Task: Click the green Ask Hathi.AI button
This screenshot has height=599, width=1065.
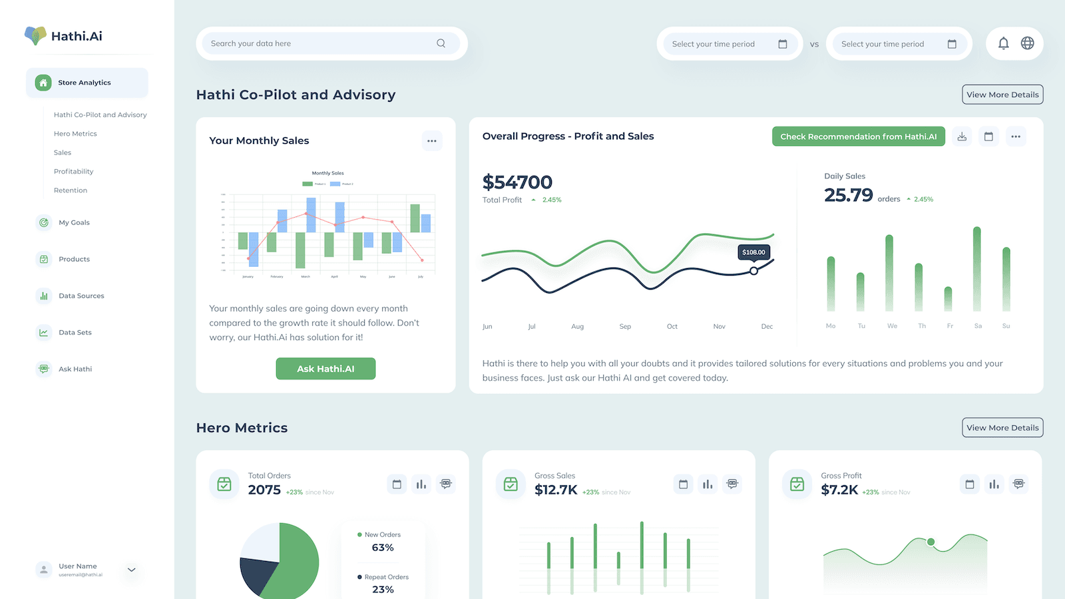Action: (325, 369)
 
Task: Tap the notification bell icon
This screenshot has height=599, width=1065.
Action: (1003, 43)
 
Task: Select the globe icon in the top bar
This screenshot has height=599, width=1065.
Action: (1028, 43)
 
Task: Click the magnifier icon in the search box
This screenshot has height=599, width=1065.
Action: (441, 43)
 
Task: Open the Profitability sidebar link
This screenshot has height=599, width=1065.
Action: (73, 172)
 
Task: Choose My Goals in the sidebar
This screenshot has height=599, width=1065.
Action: (74, 222)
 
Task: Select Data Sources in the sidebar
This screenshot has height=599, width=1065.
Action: (81, 296)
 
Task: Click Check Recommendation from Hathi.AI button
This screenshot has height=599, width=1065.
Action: (858, 136)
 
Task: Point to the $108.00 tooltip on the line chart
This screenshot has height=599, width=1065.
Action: (753, 252)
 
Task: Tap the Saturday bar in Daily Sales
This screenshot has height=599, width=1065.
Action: (977, 269)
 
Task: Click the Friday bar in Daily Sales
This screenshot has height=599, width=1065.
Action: (948, 299)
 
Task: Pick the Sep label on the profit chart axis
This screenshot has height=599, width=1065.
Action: (625, 326)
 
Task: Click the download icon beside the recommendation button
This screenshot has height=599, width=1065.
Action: (962, 136)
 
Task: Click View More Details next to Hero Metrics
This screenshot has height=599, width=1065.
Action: (1002, 427)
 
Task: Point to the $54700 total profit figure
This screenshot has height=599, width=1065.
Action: (517, 182)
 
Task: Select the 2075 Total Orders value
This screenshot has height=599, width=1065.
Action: (264, 490)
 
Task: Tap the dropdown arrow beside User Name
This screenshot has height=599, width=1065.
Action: (132, 570)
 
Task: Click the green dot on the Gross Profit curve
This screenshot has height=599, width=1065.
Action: (931, 542)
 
